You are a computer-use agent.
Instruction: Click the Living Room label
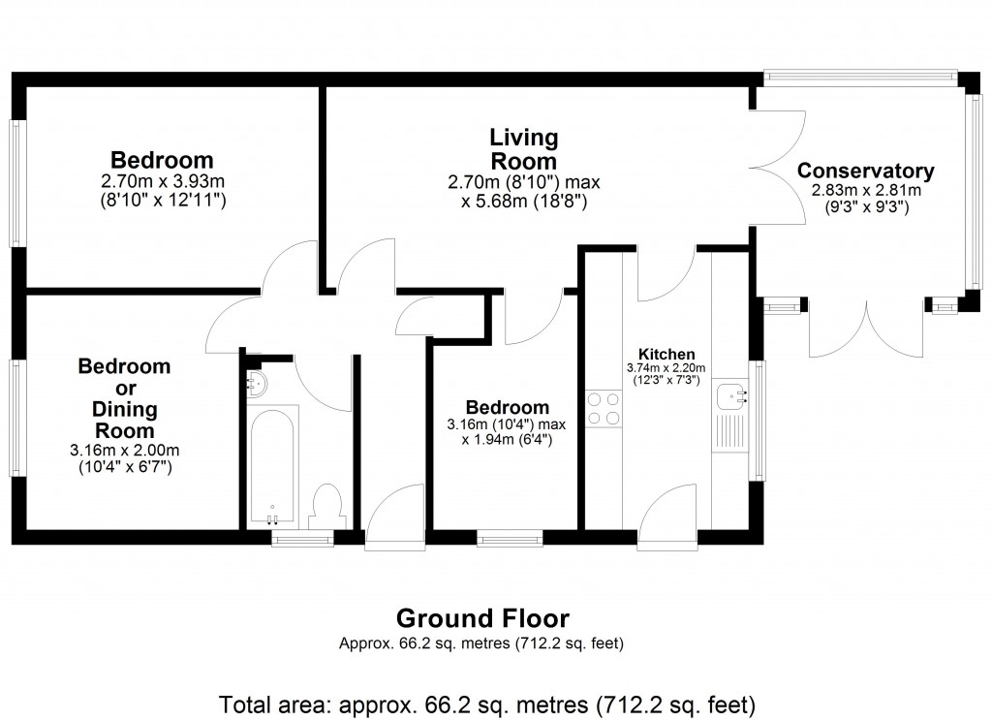(x=523, y=148)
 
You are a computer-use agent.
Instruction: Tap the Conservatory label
(x=865, y=172)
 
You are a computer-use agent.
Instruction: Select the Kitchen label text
(x=666, y=354)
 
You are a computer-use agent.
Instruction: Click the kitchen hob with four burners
(x=604, y=407)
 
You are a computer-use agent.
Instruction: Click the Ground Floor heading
(x=483, y=618)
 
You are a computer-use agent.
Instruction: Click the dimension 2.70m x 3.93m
(x=162, y=181)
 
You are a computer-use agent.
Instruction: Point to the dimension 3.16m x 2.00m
(x=124, y=451)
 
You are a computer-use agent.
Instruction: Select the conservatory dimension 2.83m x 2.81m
(x=865, y=191)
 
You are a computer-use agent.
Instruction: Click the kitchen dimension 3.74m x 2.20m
(x=666, y=368)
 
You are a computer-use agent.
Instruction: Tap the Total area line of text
(x=487, y=703)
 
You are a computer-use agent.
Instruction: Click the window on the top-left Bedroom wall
(x=16, y=181)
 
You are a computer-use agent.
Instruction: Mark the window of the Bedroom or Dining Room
(x=16, y=419)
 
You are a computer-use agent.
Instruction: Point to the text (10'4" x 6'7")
(x=124, y=467)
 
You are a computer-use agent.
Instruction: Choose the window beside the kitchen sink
(x=759, y=419)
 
